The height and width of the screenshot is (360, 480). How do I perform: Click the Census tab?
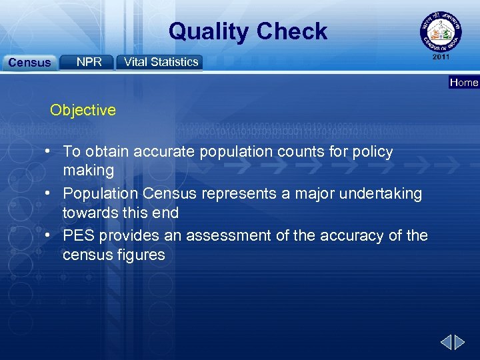[x=29, y=63]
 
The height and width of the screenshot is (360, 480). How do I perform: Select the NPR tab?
[x=89, y=62]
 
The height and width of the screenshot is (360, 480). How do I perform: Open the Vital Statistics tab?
[x=161, y=62]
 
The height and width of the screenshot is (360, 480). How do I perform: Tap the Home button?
[x=464, y=83]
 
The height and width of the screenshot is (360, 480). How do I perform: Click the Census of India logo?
[x=439, y=32]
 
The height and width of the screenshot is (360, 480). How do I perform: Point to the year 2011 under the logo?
[x=441, y=57]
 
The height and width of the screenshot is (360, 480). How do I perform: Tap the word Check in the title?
[x=291, y=31]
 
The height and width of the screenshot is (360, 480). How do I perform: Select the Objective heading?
[x=83, y=110]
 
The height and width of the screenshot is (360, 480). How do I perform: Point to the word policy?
[x=375, y=152]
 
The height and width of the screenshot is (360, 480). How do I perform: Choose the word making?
[x=89, y=171]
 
